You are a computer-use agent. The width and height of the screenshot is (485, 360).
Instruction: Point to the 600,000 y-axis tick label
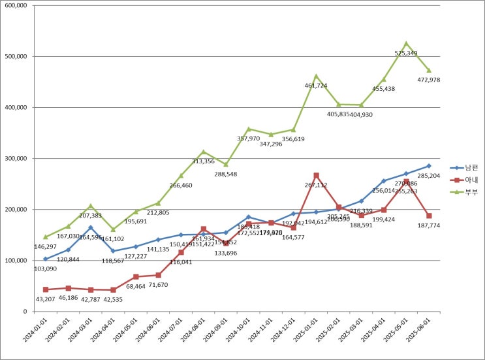[x=14, y=5]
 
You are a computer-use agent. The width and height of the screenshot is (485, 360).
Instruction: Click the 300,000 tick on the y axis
[x=14, y=158]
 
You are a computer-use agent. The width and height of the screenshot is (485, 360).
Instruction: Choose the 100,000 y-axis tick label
[x=14, y=261]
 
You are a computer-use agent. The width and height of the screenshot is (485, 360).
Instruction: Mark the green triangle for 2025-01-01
[x=316, y=76]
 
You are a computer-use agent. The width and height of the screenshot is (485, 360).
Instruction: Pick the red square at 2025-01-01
[x=316, y=175]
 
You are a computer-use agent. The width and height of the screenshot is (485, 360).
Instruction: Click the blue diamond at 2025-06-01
[x=429, y=166]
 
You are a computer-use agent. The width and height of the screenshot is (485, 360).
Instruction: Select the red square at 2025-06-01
[x=429, y=216]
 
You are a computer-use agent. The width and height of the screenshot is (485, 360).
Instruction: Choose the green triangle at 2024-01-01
[x=46, y=237]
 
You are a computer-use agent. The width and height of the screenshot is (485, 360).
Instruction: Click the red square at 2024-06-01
[x=159, y=275]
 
